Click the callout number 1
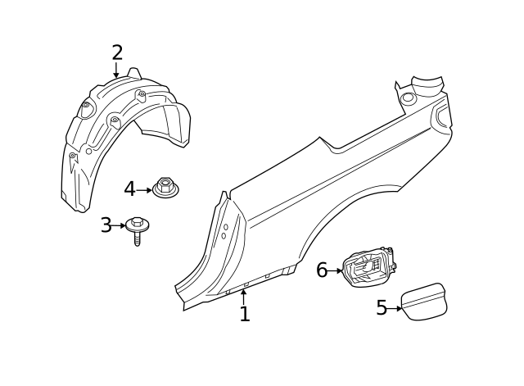(244, 314)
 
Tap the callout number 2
(117, 53)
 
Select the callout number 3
(106, 225)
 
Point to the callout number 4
(129, 189)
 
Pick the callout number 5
(382, 308)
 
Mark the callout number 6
(322, 270)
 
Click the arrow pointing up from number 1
(243, 295)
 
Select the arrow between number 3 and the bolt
(120, 225)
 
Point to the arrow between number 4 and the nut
(144, 190)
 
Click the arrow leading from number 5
(395, 308)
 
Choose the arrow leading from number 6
(336, 270)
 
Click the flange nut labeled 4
(165, 189)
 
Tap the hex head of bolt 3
(137, 223)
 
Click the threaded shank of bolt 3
(137, 239)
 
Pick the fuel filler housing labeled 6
(368, 268)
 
